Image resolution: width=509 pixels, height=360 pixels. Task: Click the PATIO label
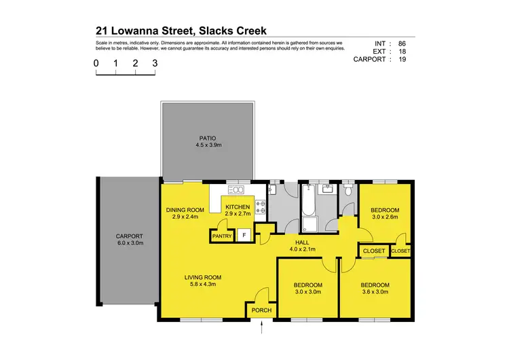pyautogui.click(x=208, y=138)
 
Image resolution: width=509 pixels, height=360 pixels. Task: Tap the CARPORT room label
pyautogui.click(x=128, y=235)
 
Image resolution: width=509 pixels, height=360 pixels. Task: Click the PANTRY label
pyautogui.click(x=223, y=236)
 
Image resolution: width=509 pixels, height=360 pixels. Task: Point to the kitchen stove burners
pyautogui.click(x=263, y=206)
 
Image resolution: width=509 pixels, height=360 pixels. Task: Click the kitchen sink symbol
pyautogui.click(x=236, y=190)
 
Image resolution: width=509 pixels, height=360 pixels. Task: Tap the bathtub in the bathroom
pyautogui.click(x=307, y=201)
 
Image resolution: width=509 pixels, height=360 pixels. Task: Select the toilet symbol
pyautogui.click(x=348, y=192)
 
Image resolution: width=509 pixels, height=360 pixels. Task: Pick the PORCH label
pyautogui.click(x=261, y=310)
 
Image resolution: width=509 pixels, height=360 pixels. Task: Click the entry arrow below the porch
pyautogui.click(x=262, y=329)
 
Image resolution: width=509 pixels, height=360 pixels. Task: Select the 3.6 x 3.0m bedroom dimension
pyautogui.click(x=375, y=292)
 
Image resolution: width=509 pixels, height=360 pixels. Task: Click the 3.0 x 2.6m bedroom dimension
pyautogui.click(x=385, y=217)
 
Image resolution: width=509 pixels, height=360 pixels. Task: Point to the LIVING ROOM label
pyautogui.click(x=204, y=277)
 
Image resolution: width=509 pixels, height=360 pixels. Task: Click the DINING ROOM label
pyautogui.click(x=185, y=210)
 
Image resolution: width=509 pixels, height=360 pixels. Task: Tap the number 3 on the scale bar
pyautogui.click(x=155, y=62)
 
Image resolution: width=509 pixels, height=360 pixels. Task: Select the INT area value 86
pyautogui.click(x=403, y=43)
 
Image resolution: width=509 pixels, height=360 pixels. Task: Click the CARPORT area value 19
pyautogui.click(x=403, y=59)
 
